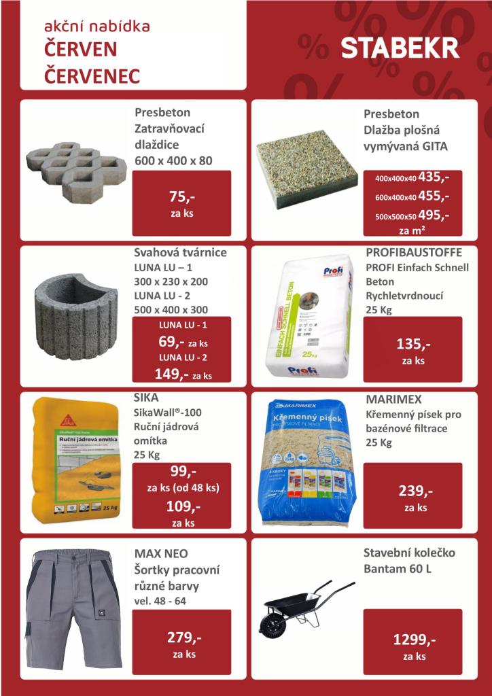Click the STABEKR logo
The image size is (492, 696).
tap(400, 49)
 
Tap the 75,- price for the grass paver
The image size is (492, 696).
tap(181, 198)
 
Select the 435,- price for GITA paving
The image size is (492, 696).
tap(434, 177)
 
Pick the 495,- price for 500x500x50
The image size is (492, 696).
tap(434, 215)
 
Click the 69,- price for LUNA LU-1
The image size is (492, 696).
tap(167, 341)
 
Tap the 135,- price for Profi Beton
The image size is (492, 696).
tap(412, 344)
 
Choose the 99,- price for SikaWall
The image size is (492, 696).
tap(181, 472)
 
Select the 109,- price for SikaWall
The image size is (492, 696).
tap(181, 507)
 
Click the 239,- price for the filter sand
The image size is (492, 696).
tap(412, 491)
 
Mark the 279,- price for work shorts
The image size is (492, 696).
tap(181, 638)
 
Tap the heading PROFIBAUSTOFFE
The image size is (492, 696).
tap(413, 253)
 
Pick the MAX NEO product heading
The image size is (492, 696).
tap(161, 552)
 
